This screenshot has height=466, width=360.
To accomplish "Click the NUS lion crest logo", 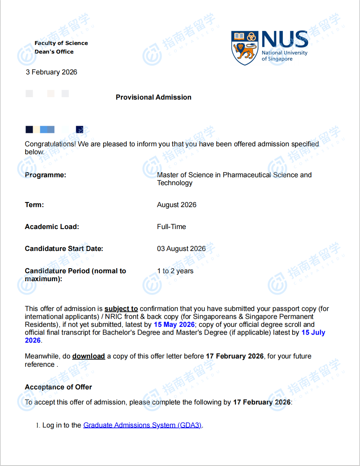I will pos(244,48).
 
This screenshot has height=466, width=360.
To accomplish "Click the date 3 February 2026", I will pos(51,72).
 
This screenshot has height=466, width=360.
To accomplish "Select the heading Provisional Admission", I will pos(153,97).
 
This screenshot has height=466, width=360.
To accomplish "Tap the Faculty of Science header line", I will pos(61,43).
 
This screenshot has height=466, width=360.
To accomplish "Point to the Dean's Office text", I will pos(54,52).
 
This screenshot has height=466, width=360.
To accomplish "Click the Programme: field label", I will pos(45,175).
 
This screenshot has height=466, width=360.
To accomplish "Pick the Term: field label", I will pos(34,205).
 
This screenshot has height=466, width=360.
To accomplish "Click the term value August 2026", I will pos(176,205).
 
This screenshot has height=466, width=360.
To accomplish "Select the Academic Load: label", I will pos(52,227).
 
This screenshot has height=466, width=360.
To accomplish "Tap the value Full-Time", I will pos(171,227).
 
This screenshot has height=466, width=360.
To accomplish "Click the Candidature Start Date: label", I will pos(64,249).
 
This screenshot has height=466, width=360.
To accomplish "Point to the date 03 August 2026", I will pos(181,249).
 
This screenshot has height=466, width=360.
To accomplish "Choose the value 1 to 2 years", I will pos(175,271).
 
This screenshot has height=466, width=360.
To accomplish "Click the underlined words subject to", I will pos(121,309).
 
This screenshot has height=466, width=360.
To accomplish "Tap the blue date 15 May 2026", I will pos(174,325).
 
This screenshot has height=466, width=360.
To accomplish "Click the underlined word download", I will pos(88,356).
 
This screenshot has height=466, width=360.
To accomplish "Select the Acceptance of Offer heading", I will pos(58,387).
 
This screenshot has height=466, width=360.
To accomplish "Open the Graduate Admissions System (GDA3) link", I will pos(142,425).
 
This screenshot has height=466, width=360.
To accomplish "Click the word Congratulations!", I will pos(50,144).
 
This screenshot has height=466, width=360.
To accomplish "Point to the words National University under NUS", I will pos(284,53).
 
